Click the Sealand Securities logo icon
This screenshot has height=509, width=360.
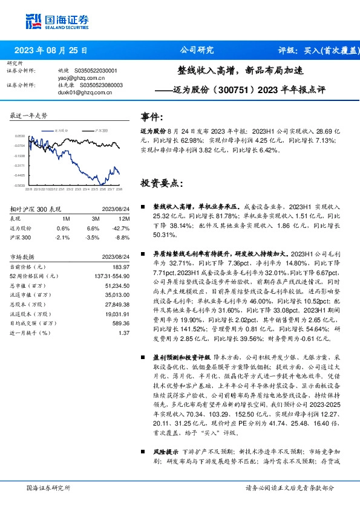pos(33,21)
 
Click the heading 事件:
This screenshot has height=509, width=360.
pos(151,117)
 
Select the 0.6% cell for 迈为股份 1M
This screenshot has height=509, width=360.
pos(63,229)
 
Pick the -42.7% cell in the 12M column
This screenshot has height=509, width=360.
pos(122,229)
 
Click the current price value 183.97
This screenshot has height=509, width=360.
pos(121,267)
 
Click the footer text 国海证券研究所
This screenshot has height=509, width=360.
pos(48,488)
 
